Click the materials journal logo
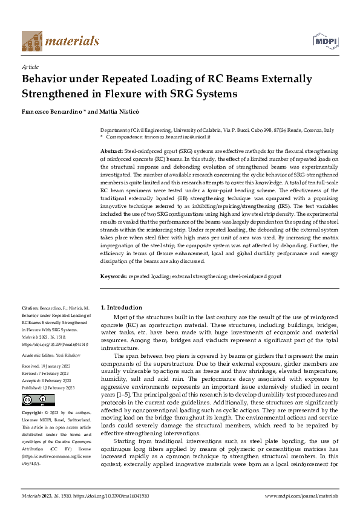[60, 41]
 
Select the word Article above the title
[30, 67]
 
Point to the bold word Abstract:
[111, 150]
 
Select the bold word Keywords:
[114, 276]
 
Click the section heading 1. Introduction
[121, 308]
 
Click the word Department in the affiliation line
[114, 131]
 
